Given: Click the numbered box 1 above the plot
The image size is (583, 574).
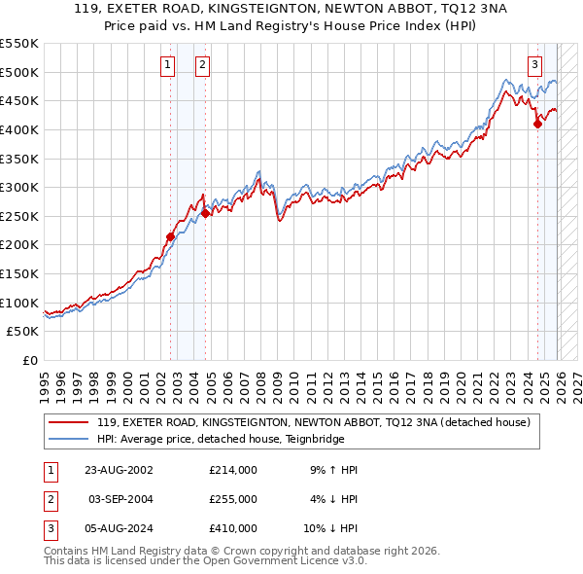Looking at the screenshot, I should tap(168, 65).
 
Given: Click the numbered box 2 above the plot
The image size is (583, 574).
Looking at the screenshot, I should tap(202, 65).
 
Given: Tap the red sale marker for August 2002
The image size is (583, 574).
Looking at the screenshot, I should tap(171, 236).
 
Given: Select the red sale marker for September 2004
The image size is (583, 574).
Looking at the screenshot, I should tap(206, 213).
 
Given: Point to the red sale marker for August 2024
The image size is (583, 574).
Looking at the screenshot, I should tap(538, 124).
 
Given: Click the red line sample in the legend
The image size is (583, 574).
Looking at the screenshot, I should tap(68, 422).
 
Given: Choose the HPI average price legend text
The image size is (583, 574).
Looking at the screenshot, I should tap(257, 438).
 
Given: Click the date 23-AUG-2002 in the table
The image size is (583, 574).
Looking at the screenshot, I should tap(120, 470).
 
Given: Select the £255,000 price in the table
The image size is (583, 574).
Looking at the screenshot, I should tap(232, 499).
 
